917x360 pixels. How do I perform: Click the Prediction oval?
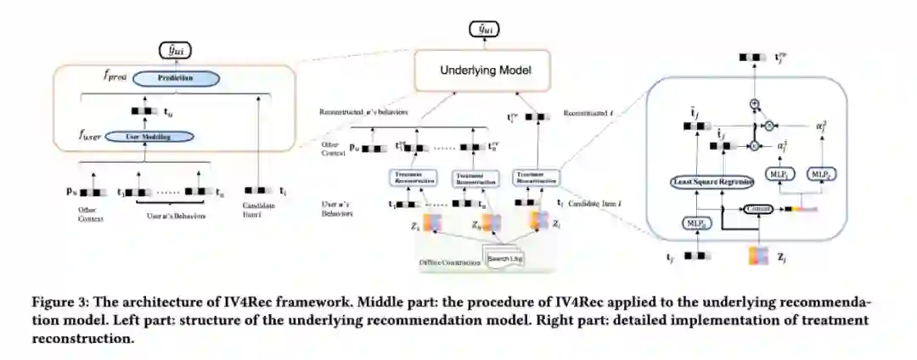click(x=174, y=78)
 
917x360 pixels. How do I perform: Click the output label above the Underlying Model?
click(x=484, y=30)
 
